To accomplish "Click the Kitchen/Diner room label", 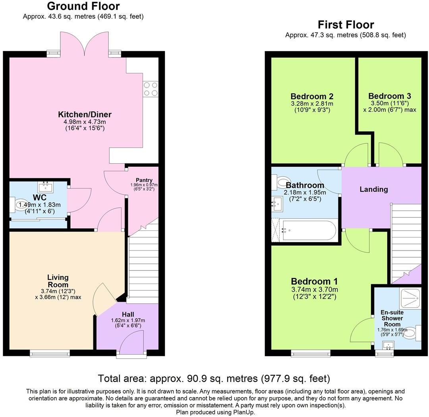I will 85,114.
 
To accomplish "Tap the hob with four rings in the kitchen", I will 151,89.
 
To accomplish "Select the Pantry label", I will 143,180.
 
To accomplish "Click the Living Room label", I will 58,281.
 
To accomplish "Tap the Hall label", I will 128,314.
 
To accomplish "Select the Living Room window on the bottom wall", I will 50,352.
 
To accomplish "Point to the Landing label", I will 373,189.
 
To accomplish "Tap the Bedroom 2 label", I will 312,96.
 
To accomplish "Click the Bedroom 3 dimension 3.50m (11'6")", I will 389,103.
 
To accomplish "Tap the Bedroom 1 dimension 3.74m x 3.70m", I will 314,290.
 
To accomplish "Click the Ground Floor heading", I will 83,6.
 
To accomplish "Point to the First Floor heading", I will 346,25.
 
